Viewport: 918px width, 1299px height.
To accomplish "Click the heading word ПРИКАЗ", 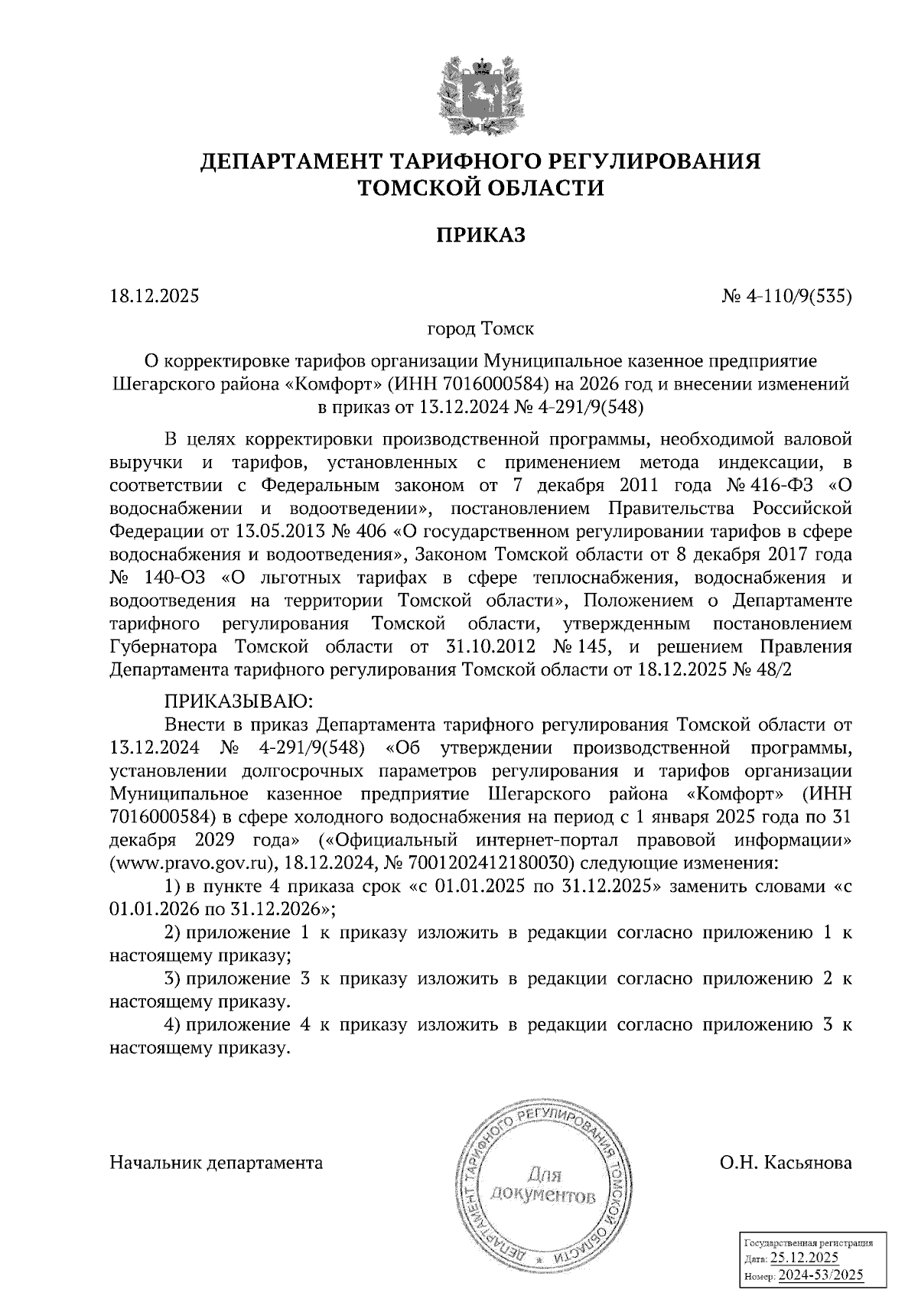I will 480,235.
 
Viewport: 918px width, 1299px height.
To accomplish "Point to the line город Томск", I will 480,330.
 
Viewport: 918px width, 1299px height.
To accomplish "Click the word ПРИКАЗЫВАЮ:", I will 235,701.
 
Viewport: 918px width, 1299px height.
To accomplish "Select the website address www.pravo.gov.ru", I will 193,864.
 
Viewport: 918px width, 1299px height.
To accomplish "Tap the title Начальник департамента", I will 216,1163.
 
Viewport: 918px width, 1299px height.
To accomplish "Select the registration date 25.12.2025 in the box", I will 804,1258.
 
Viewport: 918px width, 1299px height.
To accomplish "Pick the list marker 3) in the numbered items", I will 173,978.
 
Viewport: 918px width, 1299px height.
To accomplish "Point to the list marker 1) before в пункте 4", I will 173,887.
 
